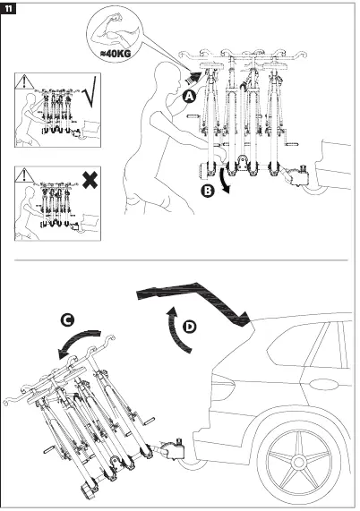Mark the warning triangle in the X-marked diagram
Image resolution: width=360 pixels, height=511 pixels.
click(x=24, y=175)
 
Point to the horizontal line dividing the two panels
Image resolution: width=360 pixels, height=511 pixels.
click(x=179, y=260)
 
